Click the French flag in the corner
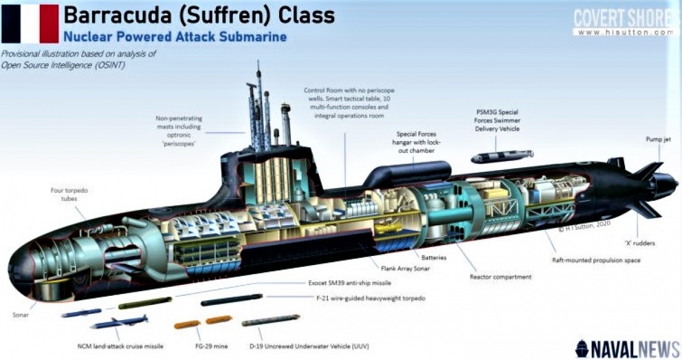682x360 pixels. (x=30, y=23)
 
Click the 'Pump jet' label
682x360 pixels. (x=659, y=139)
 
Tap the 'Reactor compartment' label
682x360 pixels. (x=501, y=277)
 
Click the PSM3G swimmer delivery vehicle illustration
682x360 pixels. (x=502, y=156)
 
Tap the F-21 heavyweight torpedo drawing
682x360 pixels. (x=232, y=299)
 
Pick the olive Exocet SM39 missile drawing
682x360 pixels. (x=145, y=303)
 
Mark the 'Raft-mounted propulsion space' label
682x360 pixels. (x=596, y=260)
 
